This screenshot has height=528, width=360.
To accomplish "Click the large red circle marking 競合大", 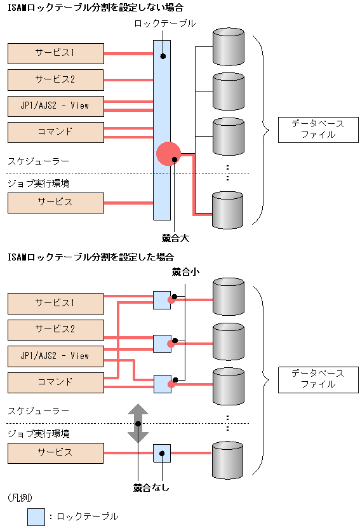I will point(168,154).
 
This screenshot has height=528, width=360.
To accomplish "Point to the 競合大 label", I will point(176,239).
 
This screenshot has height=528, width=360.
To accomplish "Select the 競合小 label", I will point(185,271).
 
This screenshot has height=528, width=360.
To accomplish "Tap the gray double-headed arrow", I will point(138,423).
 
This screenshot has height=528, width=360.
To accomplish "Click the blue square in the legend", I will point(36,517).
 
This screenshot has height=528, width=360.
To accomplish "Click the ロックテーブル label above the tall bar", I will point(165,24).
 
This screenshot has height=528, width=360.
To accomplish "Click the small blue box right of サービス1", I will point(162,300).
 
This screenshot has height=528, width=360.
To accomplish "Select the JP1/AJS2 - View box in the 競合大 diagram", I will point(56,105).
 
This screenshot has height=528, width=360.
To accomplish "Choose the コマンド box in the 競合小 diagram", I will point(56,382).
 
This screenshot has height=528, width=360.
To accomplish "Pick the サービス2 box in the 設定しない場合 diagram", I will point(56,79).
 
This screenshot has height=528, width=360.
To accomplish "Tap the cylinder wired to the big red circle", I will point(227,210).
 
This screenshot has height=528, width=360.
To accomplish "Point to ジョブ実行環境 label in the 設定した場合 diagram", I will point(38,433).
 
